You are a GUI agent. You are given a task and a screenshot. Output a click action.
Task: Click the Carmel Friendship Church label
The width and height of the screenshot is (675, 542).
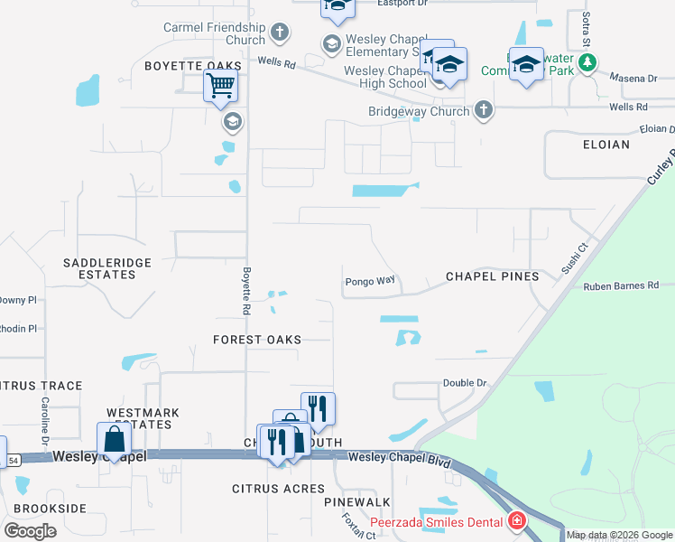tap(214, 33)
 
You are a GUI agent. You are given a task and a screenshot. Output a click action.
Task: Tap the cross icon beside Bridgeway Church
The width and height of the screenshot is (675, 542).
tap(484, 111)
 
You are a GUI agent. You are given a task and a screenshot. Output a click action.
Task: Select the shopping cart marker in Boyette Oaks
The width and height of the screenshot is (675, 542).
tap(221, 87)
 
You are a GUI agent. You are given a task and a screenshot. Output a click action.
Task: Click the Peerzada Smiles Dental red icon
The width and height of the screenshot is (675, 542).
tap(516, 520)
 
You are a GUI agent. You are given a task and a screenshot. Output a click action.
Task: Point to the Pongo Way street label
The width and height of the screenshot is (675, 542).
tap(370, 282)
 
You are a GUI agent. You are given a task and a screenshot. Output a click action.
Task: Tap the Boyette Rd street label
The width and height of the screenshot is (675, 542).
tap(246, 290)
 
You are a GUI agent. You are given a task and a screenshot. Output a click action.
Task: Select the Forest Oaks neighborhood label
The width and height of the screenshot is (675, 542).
tap(257, 340)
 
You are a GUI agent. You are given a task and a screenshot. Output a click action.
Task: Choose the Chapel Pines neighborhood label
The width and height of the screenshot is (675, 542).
tap(493, 276)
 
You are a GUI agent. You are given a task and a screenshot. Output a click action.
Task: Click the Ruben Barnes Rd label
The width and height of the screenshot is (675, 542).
tap(621, 285)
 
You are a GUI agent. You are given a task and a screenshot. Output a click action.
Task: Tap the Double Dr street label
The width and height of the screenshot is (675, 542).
tap(465, 383)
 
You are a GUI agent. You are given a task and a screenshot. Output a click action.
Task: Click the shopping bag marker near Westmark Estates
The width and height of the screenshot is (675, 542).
tap(115, 441)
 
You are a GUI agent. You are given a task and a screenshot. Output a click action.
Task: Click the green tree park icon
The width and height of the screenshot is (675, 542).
tap(587, 63)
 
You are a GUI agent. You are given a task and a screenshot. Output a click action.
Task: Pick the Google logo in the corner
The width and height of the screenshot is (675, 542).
tap(31, 530)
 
